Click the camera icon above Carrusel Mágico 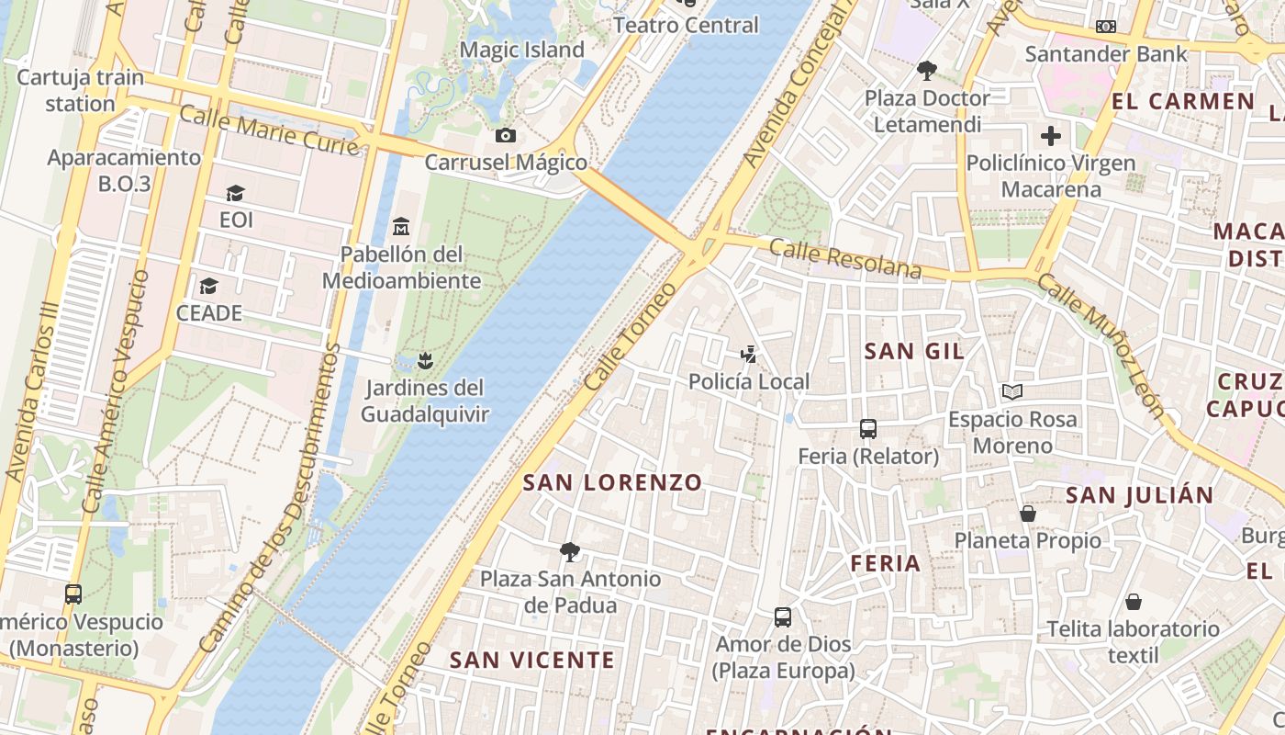click(x=505, y=136)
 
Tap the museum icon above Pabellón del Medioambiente click(x=401, y=226)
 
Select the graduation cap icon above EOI click(x=236, y=193)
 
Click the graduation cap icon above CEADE click(x=209, y=286)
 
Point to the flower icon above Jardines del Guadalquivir click(x=424, y=359)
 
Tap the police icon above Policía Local click(x=750, y=354)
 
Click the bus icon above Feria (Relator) click(x=867, y=428)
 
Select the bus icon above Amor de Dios click(x=783, y=616)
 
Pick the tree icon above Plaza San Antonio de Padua click(x=570, y=551)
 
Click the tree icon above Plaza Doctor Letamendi click(x=927, y=70)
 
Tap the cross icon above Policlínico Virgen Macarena click(x=1051, y=136)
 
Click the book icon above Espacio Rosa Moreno click(x=1012, y=392)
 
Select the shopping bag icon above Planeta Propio click(x=1028, y=513)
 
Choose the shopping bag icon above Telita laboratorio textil click(x=1134, y=602)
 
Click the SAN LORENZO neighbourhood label click(x=612, y=482)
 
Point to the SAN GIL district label click(x=914, y=351)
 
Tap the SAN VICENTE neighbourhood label click(x=531, y=660)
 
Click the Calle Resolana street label click(x=844, y=258)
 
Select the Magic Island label click(x=521, y=50)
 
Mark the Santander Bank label click(x=1106, y=53)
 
